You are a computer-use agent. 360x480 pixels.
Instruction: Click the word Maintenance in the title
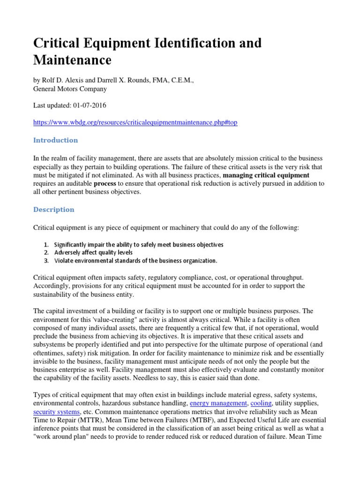72,60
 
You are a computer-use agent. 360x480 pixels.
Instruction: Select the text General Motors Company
70,89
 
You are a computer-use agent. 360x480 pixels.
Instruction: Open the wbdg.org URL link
135,122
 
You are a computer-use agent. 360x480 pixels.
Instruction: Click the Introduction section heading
55,140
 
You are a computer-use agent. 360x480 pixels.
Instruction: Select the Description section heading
53,210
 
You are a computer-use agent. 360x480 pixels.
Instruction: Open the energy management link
218,403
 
